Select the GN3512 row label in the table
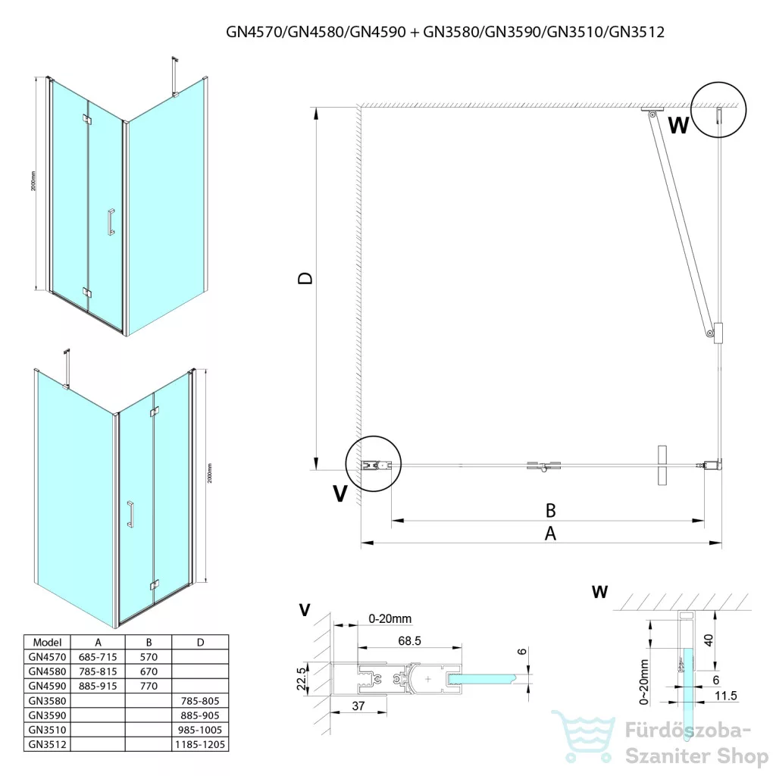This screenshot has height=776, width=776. click(x=47, y=745)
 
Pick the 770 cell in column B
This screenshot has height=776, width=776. click(x=149, y=686)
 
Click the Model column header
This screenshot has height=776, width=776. click(x=47, y=641)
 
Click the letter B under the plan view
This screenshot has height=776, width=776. click(x=551, y=508)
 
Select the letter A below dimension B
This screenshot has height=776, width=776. click(x=551, y=533)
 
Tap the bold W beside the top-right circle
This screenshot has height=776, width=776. click(x=678, y=126)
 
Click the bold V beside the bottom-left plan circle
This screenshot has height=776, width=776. click(x=341, y=494)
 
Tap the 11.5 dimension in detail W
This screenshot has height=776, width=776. click(x=726, y=696)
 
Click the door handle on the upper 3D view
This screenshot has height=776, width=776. click(x=111, y=221)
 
